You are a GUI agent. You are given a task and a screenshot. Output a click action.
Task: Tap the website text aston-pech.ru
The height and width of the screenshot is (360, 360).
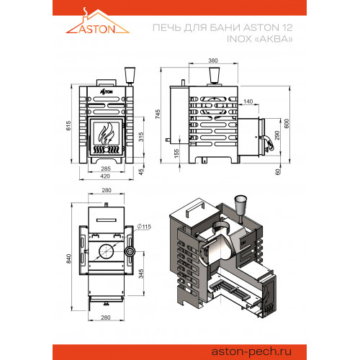(x=251, y=352)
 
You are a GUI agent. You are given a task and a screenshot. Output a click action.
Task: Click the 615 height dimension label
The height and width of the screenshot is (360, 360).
(x=68, y=126)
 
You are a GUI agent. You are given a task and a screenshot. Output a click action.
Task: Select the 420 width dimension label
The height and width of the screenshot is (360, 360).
(x=105, y=176)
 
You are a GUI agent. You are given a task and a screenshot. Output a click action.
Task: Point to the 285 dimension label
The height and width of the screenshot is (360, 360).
(x=106, y=168)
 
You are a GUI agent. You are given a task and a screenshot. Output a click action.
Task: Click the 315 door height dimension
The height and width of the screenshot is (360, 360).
(x=141, y=137)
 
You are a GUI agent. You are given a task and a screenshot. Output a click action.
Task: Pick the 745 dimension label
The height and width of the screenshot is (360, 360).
(x=158, y=114)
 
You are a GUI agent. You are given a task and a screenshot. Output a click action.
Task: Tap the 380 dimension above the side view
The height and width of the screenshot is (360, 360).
(x=213, y=60)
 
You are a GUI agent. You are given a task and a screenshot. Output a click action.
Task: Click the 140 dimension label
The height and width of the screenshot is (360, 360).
(x=248, y=102)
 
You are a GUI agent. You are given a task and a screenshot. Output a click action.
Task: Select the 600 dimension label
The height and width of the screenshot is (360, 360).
(x=287, y=124)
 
